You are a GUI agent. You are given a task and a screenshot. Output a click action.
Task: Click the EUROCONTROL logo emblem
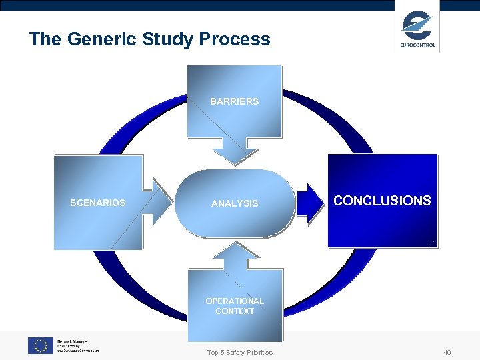pyautogui.click(x=417, y=24)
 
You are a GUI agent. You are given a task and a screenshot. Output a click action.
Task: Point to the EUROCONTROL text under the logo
pyautogui.click(x=418, y=45)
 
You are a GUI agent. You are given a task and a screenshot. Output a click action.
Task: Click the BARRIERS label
pyautogui.click(x=234, y=101)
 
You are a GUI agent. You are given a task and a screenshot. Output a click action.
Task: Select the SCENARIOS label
pyautogui.click(x=97, y=203)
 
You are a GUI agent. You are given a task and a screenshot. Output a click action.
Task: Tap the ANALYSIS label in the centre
pyautogui.click(x=234, y=203)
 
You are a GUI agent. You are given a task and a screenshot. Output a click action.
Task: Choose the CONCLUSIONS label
pyautogui.click(x=382, y=201)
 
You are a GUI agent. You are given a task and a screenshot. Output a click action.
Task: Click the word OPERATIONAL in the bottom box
pyautogui.click(x=234, y=301)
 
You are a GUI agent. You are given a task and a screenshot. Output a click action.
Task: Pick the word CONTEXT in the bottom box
pyautogui.click(x=234, y=311)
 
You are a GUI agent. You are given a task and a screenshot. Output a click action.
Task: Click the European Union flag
pyautogui.click(x=40, y=345)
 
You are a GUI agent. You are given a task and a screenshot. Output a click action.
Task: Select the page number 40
pyautogui.click(x=447, y=352)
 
